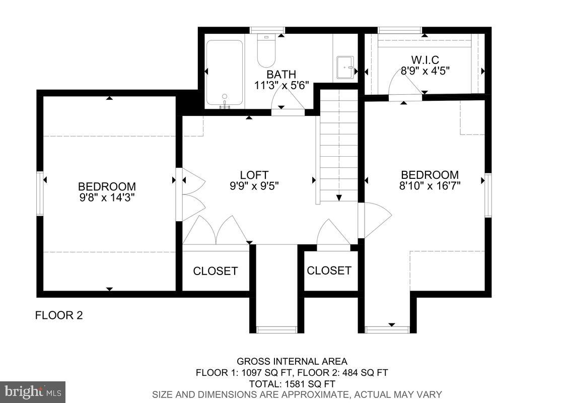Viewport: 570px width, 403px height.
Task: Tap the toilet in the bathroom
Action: (x=266, y=51)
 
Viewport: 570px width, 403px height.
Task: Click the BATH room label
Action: (x=281, y=75)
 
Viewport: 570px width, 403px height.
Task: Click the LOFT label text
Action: (x=254, y=175)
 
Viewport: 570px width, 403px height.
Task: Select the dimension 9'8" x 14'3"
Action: (x=106, y=197)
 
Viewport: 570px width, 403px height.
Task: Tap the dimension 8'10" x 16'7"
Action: (x=430, y=185)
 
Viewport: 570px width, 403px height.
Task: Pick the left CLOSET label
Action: (x=215, y=271)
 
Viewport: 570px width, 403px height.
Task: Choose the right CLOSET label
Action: (x=329, y=271)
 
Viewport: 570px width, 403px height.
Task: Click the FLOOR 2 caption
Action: (x=58, y=316)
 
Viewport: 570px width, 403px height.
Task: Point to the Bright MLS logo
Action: (x=33, y=391)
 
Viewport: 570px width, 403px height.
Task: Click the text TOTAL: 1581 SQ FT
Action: (x=292, y=383)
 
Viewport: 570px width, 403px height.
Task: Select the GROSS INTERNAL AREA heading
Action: (x=292, y=361)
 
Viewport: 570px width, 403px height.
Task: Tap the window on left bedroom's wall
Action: (x=40, y=193)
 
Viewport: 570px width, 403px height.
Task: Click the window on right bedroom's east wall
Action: (x=487, y=195)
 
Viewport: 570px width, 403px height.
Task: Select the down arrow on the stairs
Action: (x=339, y=197)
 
